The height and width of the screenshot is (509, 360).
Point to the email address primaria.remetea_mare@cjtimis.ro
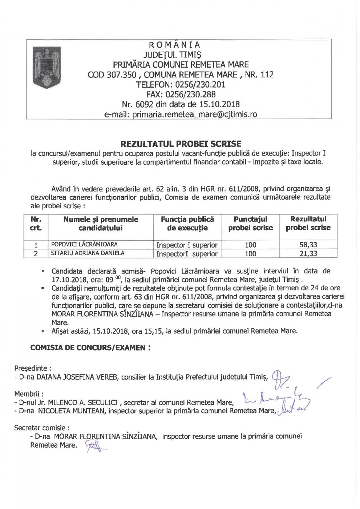pyautogui.click(x=195, y=115)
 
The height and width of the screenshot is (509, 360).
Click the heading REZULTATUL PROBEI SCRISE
pyautogui.click(x=181, y=143)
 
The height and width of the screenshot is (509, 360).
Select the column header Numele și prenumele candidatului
pyautogui.click(x=101, y=224)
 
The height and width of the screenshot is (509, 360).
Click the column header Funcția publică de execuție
pyautogui.click(x=187, y=224)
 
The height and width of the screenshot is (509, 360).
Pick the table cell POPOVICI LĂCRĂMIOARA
pyautogui.click(x=84, y=244)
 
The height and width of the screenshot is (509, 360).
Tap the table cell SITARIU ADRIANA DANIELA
pyautogui.click(x=88, y=253)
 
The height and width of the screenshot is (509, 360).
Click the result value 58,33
pyautogui.click(x=308, y=245)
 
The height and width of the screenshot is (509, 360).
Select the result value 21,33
pyautogui.click(x=308, y=253)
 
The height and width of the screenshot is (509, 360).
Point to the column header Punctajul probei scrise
pyautogui.click(x=250, y=224)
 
